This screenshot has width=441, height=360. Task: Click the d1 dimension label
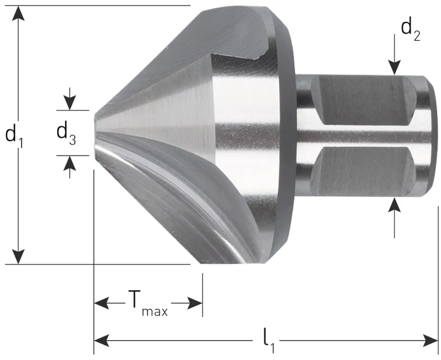point(14,135)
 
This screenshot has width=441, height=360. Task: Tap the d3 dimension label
point(66,133)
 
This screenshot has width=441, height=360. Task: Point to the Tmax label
point(148,303)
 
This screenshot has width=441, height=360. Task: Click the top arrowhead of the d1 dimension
point(18,13)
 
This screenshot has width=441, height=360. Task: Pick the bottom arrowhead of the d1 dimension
point(18,256)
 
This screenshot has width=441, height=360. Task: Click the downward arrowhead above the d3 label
point(69,103)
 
